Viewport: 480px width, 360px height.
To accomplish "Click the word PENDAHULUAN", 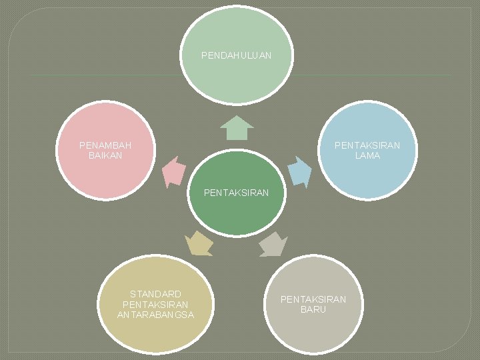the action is [x=236, y=56].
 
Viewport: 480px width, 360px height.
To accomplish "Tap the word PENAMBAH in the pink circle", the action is [x=105, y=145].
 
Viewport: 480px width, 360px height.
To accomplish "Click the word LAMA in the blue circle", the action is [x=367, y=155].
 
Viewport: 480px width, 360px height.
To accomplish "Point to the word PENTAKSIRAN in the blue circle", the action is [x=367, y=145].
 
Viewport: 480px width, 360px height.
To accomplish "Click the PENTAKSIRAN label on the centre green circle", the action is [x=236, y=193].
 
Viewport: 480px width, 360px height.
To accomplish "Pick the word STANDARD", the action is [x=155, y=294].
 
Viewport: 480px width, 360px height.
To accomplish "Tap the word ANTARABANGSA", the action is [x=155, y=315].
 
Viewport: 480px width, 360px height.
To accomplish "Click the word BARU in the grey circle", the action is [x=313, y=310].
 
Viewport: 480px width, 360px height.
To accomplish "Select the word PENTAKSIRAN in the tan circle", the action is [x=155, y=304].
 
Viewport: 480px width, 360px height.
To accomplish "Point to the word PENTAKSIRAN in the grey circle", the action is [x=313, y=299].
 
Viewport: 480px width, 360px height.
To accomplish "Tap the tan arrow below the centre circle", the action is [x=199, y=243].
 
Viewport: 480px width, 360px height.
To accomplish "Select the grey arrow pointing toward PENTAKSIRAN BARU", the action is [x=273, y=244].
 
